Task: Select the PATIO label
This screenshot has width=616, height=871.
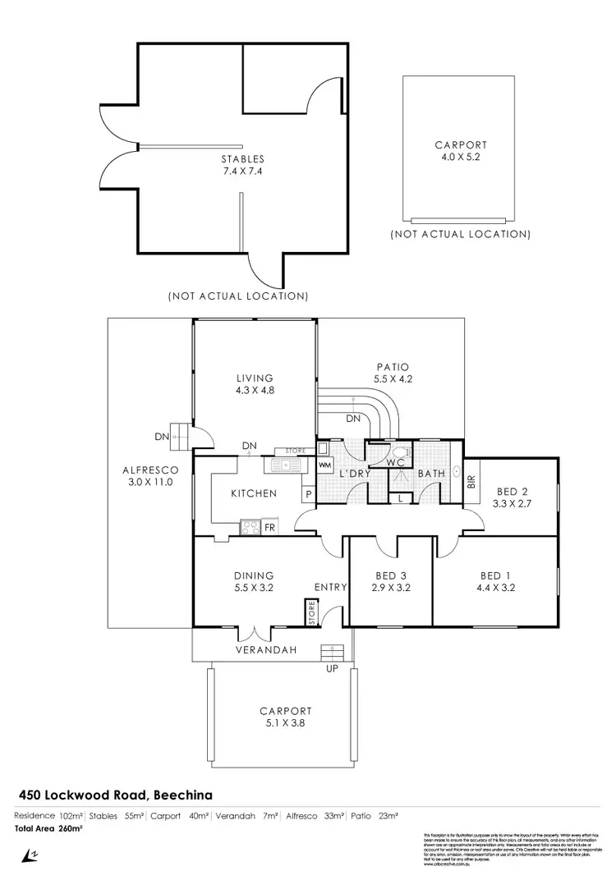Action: [391, 367]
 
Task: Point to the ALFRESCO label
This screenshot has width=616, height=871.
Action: [145, 470]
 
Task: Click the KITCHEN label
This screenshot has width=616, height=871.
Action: [253, 493]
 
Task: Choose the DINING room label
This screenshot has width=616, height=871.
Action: [253, 575]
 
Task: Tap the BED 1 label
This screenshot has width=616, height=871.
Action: [496, 575]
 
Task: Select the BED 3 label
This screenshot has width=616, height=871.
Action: [392, 575]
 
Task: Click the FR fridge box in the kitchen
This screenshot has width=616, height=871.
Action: [269, 526]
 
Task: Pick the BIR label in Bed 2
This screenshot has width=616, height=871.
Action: [471, 482]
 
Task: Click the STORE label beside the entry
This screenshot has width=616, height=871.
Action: [311, 613]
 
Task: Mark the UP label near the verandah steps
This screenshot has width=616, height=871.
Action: [333, 667]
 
